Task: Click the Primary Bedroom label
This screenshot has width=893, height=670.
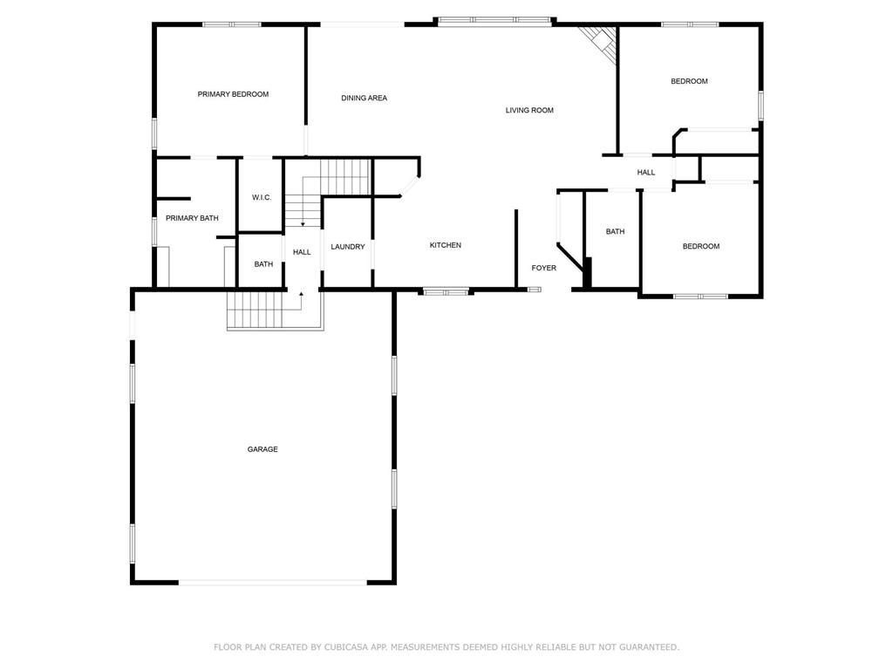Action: click(233, 94)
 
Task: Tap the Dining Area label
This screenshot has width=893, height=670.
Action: click(364, 98)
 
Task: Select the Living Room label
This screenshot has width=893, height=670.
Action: click(529, 110)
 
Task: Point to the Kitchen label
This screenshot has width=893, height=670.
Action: click(446, 245)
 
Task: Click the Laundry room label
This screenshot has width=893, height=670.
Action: click(348, 247)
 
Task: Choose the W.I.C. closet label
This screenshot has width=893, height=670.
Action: click(262, 198)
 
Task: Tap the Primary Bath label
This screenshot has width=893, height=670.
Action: click(192, 218)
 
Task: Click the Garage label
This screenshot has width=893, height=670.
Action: click(262, 449)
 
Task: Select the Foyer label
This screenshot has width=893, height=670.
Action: click(544, 268)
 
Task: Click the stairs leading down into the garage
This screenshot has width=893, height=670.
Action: click(256, 311)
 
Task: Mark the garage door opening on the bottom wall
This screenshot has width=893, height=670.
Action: click(273, 582)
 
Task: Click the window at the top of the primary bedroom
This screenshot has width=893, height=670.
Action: click(232, 24)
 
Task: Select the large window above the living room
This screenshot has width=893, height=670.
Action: click(495, 21)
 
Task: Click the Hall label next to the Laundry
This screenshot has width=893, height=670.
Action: click(302, 252)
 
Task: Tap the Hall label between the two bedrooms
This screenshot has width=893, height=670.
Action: click(646, 172)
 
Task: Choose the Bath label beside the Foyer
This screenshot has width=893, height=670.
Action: click(615, 231)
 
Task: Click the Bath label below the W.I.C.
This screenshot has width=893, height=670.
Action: click(263, 264)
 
